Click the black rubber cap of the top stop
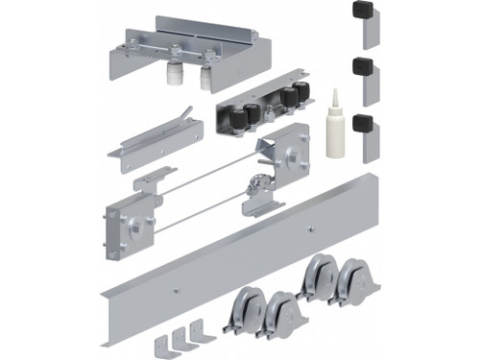(363, 11)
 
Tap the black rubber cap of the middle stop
(363, 67)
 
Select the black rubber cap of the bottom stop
(363, 124)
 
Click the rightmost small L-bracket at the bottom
(198, 330)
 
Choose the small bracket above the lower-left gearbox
(148, 180)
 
